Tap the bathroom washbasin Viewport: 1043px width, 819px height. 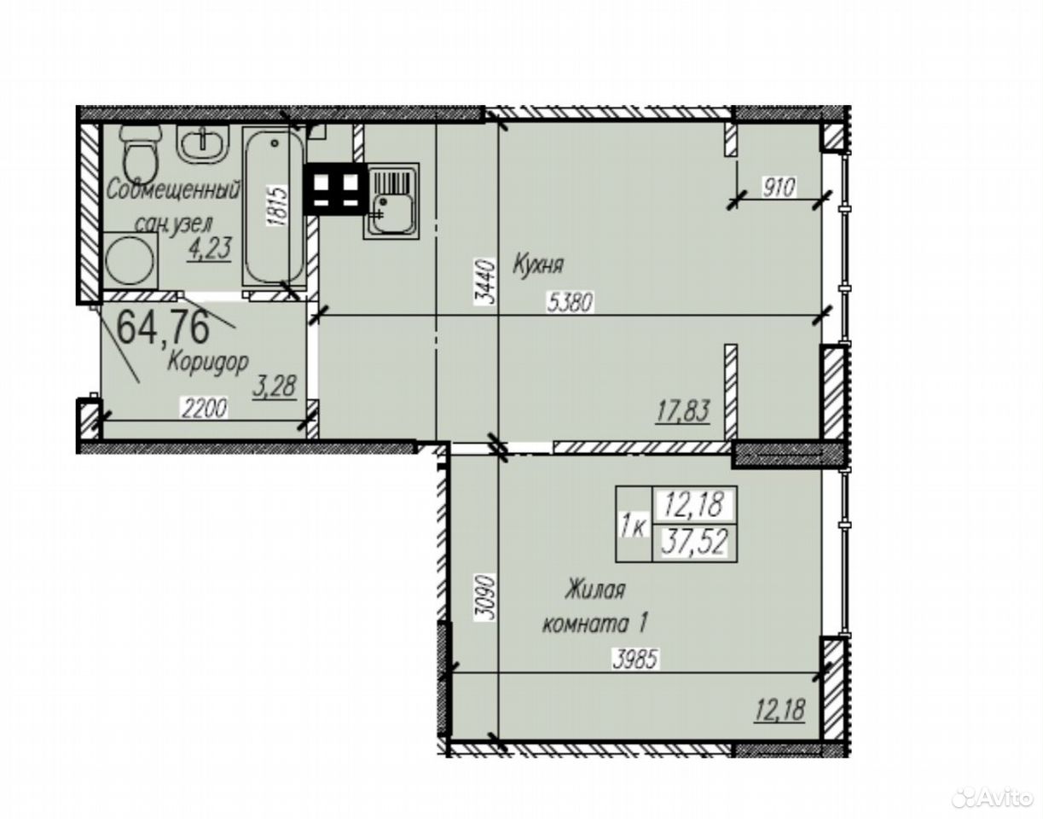coord(203,143)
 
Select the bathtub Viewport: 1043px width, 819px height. coord(274,207)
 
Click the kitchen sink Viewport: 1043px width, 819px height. coord(391,200)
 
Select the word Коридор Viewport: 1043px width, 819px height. coord(207,362)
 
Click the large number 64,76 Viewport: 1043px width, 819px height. coord(164,327)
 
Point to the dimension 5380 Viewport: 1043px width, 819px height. coord(571,303)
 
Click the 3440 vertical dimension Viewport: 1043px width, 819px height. coord(485,282)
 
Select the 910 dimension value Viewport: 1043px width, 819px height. coord(779,187)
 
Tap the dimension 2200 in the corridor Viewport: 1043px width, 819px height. coord(204,409)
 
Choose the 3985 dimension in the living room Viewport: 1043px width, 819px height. coord(636,659)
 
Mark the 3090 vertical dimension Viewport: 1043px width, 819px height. coord(484,597)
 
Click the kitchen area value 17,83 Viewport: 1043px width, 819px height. coord(682,412)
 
